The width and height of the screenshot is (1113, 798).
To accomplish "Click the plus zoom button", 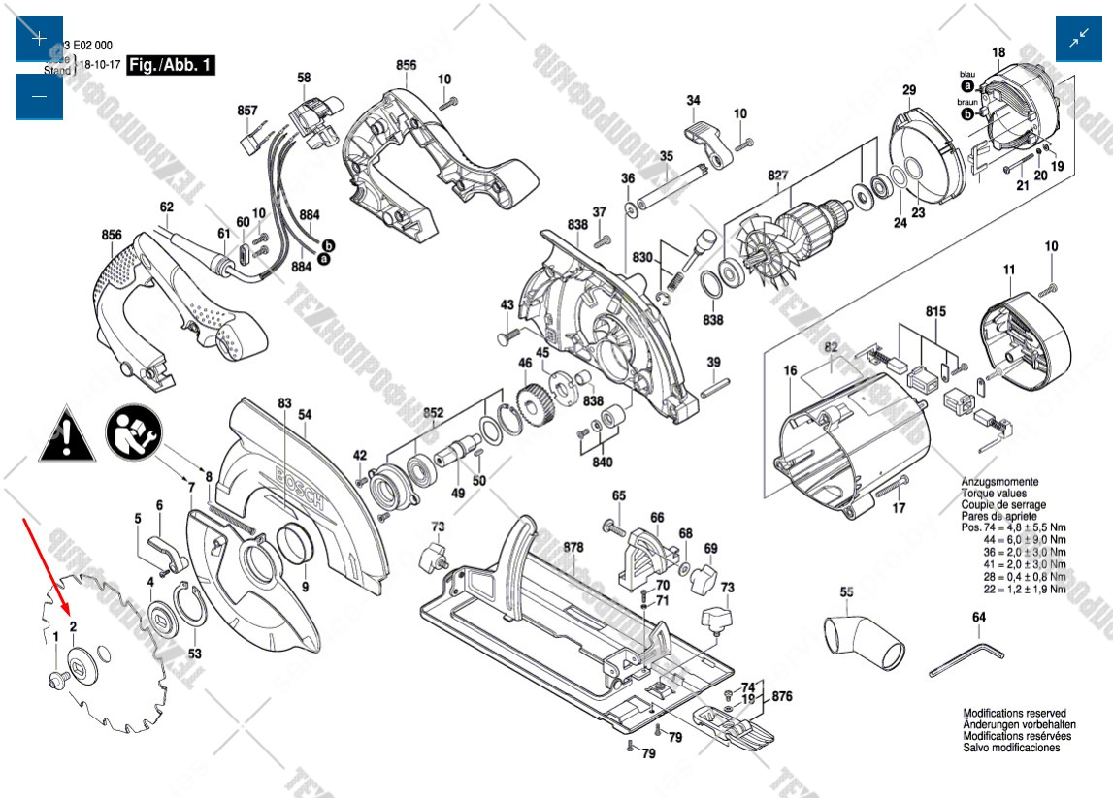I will [39, 39].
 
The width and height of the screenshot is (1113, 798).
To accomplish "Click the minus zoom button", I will [39, 96].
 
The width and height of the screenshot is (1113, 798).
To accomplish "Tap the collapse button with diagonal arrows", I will [1079, 39].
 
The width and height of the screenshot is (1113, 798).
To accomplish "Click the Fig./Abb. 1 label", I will [172, 66].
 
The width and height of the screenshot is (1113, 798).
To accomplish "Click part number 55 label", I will [846, 591].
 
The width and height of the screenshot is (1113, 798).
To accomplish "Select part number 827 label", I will [778, 175].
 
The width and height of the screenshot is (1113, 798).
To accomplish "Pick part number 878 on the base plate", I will [573, 548].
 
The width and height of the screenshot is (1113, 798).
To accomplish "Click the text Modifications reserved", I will [1014, 713].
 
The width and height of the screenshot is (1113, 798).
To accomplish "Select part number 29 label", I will [908, 91].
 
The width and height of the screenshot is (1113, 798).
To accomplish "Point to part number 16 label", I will [790, 370].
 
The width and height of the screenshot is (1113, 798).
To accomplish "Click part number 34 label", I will [693, 100].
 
